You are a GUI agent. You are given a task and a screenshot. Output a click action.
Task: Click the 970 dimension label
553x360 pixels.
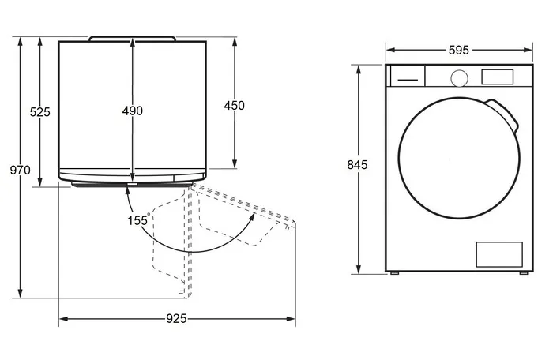20,171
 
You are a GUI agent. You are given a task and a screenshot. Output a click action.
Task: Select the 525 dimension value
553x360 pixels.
39,112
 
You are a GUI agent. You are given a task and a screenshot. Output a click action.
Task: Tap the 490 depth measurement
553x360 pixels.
133,111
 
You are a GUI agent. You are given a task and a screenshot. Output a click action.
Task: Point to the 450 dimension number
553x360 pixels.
234,106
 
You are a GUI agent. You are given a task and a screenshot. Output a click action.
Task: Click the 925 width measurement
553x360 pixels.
176,319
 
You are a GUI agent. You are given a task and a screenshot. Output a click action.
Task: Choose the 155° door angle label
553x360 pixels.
138,220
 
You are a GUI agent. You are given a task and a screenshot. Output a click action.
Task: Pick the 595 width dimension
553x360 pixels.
459,51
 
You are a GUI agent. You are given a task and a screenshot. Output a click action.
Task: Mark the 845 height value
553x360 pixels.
357,165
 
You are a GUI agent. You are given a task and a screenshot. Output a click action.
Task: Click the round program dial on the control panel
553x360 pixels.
459,78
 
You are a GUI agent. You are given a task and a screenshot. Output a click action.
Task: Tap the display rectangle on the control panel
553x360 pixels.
497,77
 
